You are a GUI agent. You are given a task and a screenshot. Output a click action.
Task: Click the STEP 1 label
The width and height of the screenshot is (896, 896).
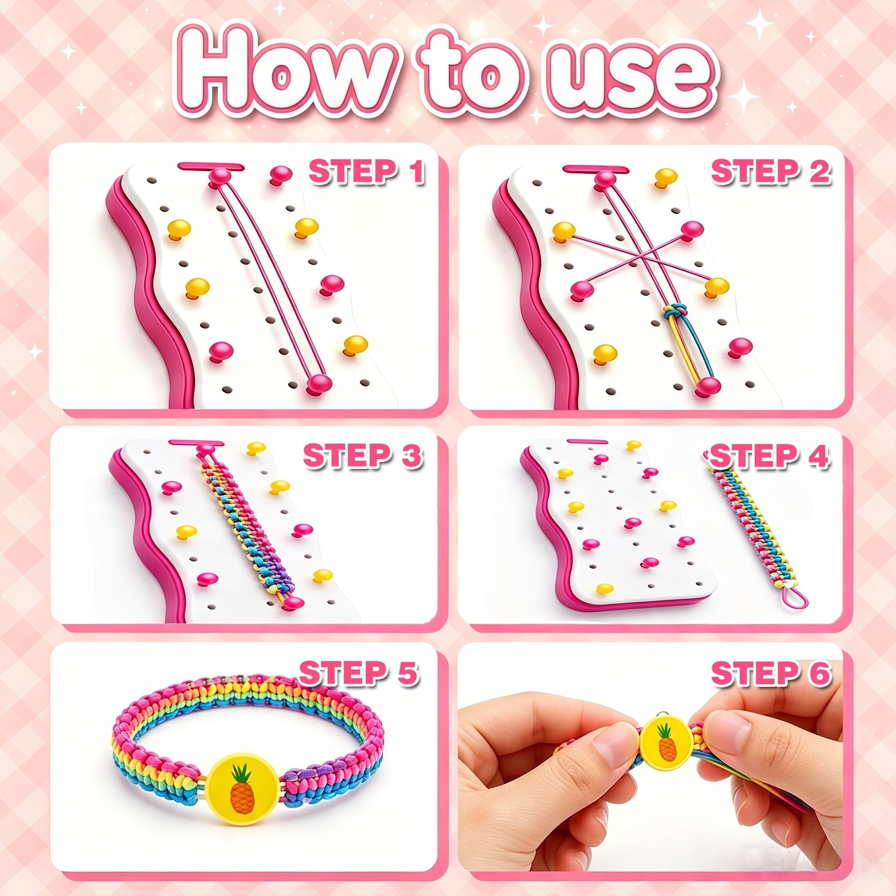(x=366, y=172)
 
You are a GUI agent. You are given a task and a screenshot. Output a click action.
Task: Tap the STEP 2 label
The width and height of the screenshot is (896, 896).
(x=771, y=172)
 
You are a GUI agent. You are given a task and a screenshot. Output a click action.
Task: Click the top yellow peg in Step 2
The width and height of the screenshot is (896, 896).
(x=666, y=177)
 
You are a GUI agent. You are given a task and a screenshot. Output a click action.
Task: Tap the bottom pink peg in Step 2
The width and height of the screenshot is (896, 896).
(x=707, y=387)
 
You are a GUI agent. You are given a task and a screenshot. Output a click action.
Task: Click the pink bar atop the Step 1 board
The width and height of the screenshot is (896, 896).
(x=211, y=167)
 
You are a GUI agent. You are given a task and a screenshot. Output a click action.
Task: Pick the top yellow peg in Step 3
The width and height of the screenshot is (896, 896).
(x=256, y=448)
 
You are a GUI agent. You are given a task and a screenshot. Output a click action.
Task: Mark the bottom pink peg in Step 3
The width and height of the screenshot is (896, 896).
(x=293, y=603)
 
